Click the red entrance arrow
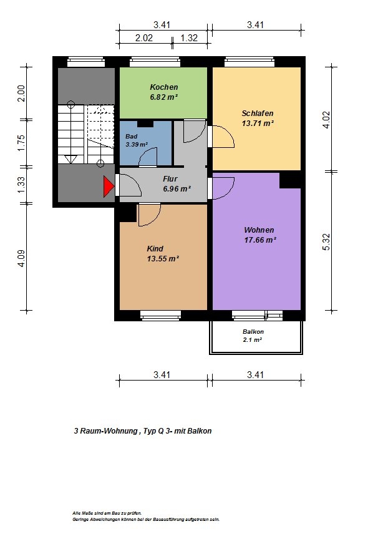[x=109, y=187]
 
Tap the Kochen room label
[x=164, y=87]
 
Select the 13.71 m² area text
[x=258, y=123]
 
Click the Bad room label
[x=132, y=137]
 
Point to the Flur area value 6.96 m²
[x=177, y=189]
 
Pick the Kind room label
[x=155, y=248]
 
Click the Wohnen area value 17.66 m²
[x=260, y=240]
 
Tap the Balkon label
[x=253, y=332]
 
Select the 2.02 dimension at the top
[x=144, y=38]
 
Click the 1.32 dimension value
[x=190, y=38]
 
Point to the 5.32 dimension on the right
[x=326, y=242]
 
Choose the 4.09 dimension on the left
[x=21, y=258]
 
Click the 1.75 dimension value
[x=21, y=143]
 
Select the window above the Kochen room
[x=155, y=62]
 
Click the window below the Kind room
[x=160, y=315]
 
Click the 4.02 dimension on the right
[x=326, y=120]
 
